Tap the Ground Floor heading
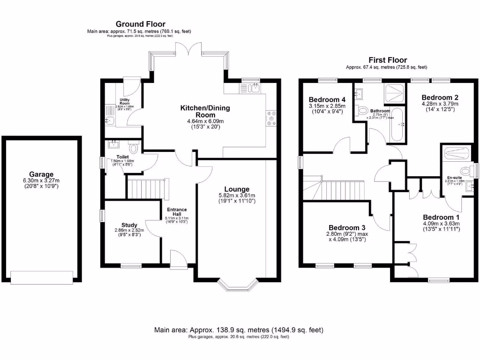(x=140, y=24)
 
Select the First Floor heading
(x=387, y=60)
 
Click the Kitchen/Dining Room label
(x=205, y=112)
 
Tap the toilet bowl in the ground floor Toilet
(x=134, y=149)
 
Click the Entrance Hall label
(x=176, y=212)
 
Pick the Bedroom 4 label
(x=327, y=99)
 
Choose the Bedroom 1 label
(x=441, y=217)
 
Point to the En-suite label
(x=454, y=178)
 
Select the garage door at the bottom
(x=42, y=278)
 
